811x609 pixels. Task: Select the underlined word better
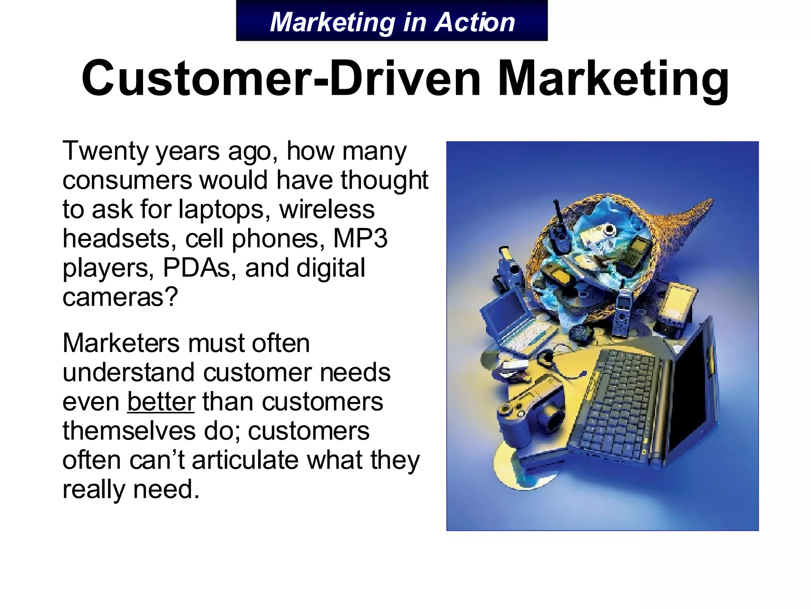tap(161, 401)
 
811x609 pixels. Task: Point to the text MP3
tap(360, 239)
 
